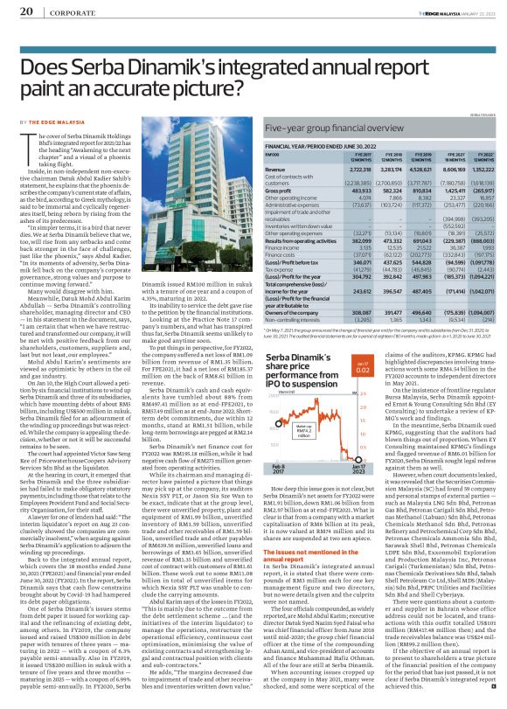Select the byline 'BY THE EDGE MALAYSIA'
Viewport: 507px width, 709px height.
[x=52, y=122]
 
